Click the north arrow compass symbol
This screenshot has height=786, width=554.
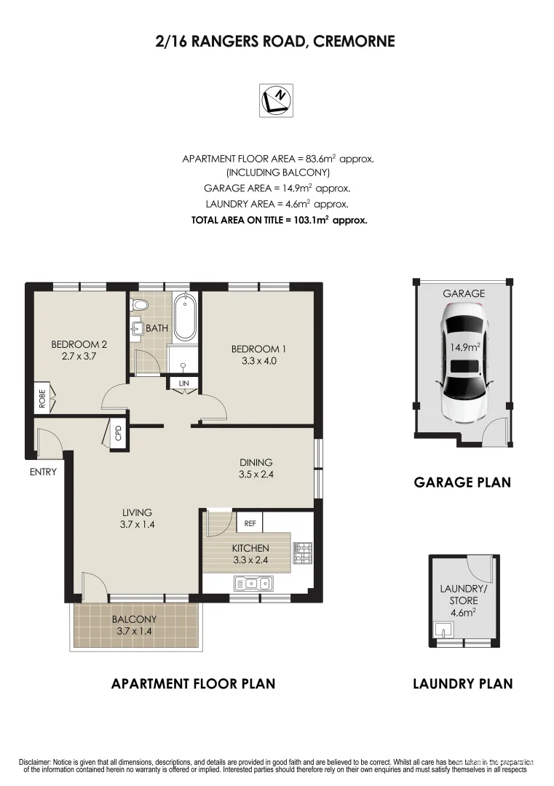pos(277,100)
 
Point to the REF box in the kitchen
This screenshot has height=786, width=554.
pos(250,523)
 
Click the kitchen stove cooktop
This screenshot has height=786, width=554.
pos(302,553)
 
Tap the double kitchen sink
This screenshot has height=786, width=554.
pos(254,583)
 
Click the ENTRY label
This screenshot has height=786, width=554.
pos(43,472)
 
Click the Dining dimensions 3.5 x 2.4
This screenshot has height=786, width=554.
pos(256,475)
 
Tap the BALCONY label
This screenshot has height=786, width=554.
pos(134,619)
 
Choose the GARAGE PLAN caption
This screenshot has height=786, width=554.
pos(462,482)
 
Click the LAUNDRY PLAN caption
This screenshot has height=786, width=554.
pos(462,683)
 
